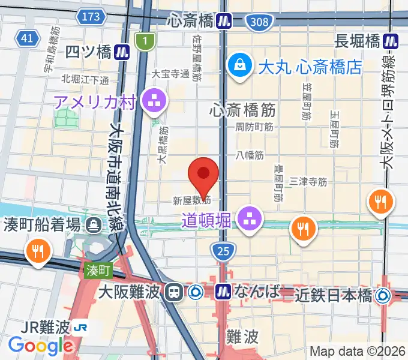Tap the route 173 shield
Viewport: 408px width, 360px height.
(92, 17)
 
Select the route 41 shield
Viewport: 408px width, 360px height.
(26, 38)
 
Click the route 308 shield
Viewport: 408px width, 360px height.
(259, 22)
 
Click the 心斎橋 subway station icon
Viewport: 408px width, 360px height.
(225, 22)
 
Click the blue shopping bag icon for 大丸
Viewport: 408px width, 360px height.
(239, 64)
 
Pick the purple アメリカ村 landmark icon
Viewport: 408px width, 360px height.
(154, 101)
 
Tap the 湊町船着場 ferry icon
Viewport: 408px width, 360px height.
(94, 226)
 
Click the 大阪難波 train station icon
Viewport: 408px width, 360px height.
(175, 292)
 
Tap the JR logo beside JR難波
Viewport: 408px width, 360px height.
(80, 328)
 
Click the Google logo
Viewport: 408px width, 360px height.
(41, 346)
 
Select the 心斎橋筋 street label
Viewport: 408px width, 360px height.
(242, 110)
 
